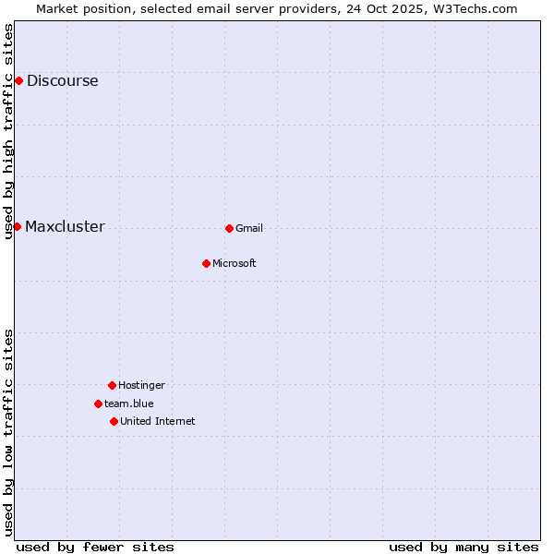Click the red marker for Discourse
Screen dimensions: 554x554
pyautogui.click(x=18, y=80)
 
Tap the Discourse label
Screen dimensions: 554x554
pyautogui.click(x=62, y=80)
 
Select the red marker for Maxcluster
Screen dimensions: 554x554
pyautogui.click(x=17, y=226)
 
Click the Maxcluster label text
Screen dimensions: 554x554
pyautogui.click(x=65, y=227)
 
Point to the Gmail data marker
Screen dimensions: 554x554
pyautogui.click(x=229, y=228)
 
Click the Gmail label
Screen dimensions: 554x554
pyautogui.click(x=249, y=228)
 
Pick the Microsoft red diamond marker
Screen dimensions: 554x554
pyautogui.click(x=206, y=263)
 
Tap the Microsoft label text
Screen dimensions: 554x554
pyautogui.click(x=235, y=263)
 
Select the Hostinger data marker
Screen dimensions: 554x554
pyautogui.click(x=112, y=385)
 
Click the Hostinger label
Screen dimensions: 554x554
pyautogui.click(x=141, y=385)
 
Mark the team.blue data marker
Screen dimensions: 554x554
pyautogui.click(x=98, y=403)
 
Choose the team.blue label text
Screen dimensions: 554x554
pyautogui.click(x=129, y=403)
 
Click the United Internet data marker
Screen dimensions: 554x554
pyautogui.click(x=114, y=421)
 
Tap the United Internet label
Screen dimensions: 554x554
pyautogui.click(x=158, y=421)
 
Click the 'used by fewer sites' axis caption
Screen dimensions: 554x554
pyautogui.click(x=95, y=547)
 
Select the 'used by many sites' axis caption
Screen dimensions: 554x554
pyautogui.click(x=464, y=547)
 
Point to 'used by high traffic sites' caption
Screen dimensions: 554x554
pyautogui.click(x=9, y=131)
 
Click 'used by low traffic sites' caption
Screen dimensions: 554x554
pyautogui.click(x=9, y=431)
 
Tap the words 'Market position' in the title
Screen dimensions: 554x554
pyautogui.click(x=78, y=8)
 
